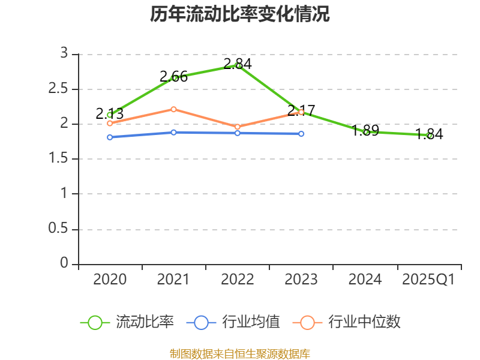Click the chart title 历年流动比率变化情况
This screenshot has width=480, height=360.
point(240,14)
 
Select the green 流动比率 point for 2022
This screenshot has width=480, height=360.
point(238,65)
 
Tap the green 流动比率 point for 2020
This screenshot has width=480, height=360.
point(110,115)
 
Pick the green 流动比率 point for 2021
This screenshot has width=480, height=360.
point(175,78)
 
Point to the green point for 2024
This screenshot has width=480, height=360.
point(366,131)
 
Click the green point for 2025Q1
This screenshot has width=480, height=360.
point(430,136)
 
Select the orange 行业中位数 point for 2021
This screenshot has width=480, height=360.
point(173,109)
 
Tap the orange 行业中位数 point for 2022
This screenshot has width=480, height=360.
point(238,127)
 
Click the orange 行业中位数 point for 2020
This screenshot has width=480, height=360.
point(110,123)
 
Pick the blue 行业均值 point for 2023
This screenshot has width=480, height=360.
point(301,134)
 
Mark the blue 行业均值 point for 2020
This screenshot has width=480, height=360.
point(110,137)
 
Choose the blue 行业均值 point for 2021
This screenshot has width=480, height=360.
point(173,132)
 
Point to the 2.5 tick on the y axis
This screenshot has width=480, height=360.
point(62,89)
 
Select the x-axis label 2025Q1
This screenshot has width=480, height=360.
point(428,280)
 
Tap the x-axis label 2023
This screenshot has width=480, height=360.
point(301,280)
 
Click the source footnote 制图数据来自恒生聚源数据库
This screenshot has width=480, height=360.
point(240,353)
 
